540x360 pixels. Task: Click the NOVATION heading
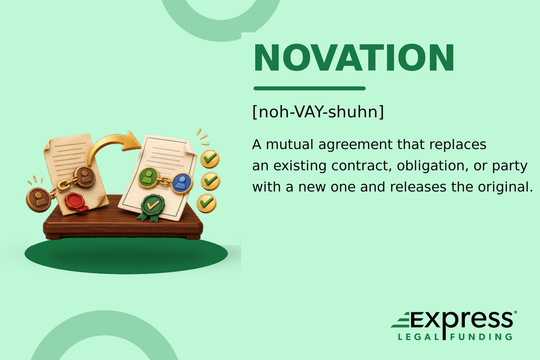coord(354,58)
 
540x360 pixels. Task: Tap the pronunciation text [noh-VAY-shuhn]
coord(318,112)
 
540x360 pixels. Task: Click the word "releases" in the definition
coord(418,187)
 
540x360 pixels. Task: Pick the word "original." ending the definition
coord(505,187)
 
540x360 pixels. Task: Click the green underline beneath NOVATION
coord(310,88)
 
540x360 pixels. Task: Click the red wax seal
coord(76,202)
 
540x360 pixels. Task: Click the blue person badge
coord(182,184)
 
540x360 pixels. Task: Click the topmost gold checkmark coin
coord(210,159)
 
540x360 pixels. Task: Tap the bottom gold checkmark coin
coord(206,203)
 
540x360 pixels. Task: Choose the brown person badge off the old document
coord(39,200)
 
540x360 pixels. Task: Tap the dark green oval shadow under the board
coord(126,256)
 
